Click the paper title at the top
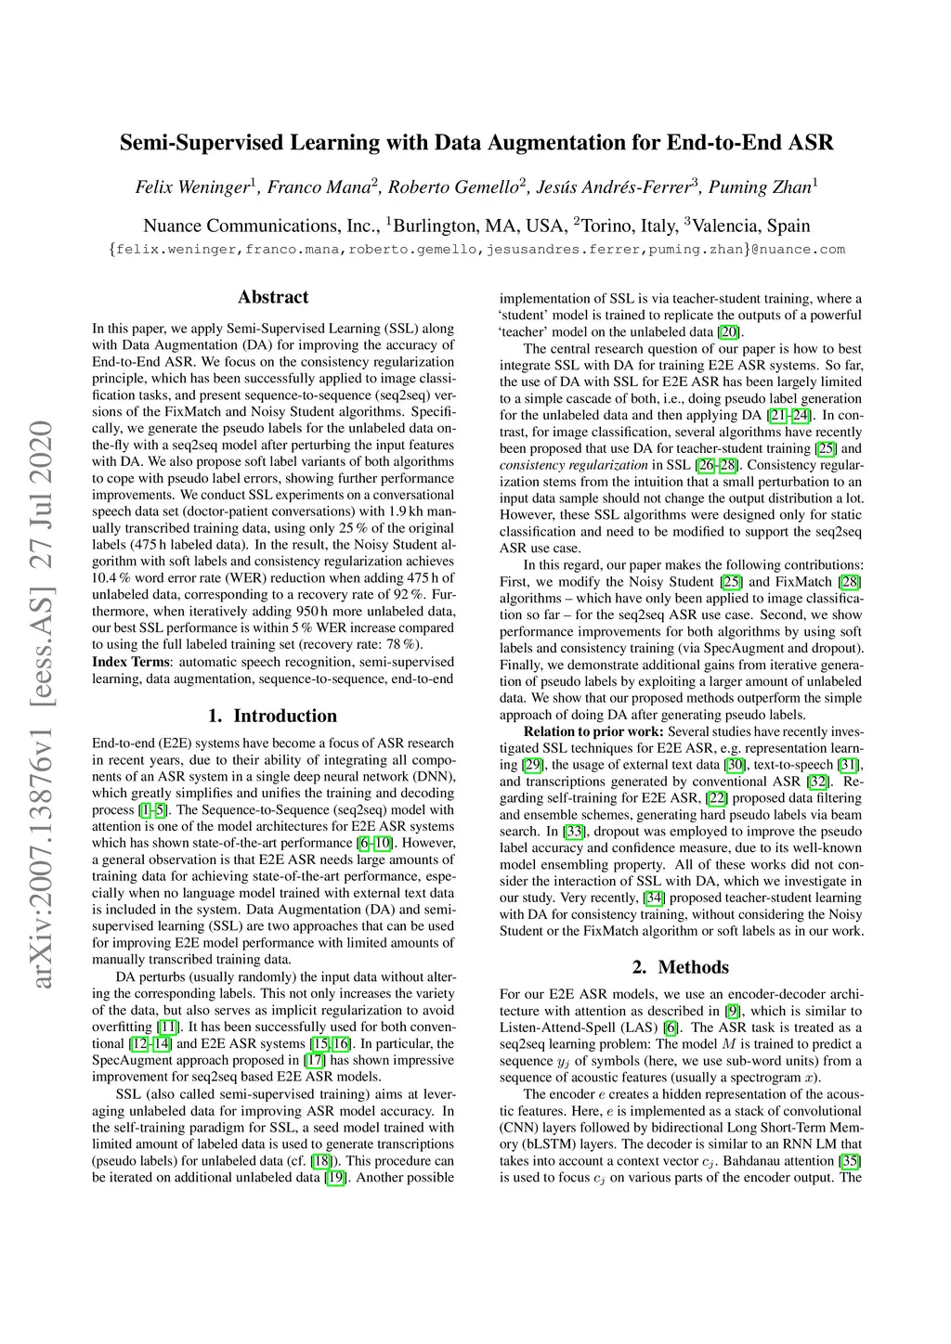coord(476,143)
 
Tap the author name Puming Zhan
coord(760,187)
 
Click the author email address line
coord(476,249)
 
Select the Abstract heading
coord(273,297)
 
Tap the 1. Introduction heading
coord(273,716)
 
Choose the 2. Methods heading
coord(681,967)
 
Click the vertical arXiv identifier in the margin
coord(41,705)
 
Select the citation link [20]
coord(729,332)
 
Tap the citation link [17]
coord(314,1060)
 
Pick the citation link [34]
coord(654,898)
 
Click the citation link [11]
coord(168,1027)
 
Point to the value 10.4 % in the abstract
coord(111,578)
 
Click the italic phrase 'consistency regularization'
coord(573,465)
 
